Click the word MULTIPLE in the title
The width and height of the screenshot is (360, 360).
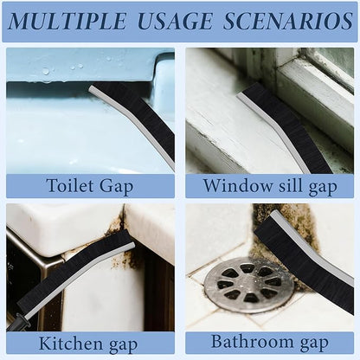[67, 21]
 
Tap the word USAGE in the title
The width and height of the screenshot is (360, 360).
[175, 21]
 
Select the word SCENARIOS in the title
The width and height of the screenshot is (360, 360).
[288, 21]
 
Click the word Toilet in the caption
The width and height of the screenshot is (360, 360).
[70, 185]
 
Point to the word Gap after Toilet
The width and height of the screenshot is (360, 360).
[116, 187]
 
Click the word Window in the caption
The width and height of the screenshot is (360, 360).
[237, 185]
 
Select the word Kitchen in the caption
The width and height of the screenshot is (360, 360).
[70, 343]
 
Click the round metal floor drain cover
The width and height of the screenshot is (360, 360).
[248, 285]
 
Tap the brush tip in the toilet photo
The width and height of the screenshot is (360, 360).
[91, 88]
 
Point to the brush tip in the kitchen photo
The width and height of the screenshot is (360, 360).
[132, 245]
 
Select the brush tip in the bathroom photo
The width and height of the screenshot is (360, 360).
[275, 213]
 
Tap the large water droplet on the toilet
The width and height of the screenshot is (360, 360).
[46, 71]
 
